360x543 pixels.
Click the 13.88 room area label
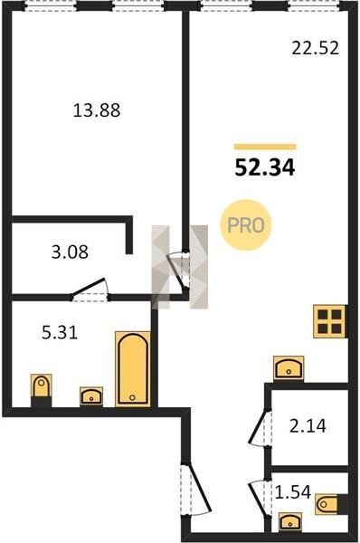[x=97, y=110]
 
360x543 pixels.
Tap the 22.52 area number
[x=315, y=48]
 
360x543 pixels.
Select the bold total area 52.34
[x=265, y=168]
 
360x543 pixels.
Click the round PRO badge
[x=246, y=225]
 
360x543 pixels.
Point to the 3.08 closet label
[x=70, y=252]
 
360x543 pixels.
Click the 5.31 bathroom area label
[x=60, y=332]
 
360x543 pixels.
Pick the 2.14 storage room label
[x=308, y=426]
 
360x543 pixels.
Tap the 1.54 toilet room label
[x=293, y=491]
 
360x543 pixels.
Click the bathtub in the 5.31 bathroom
[x=133, y=369]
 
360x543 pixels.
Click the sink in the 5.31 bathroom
[x=91, y=396]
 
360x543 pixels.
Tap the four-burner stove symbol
[x=330, y=321]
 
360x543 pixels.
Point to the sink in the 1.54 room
[x=290, y=521]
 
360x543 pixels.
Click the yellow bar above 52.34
[x=265, y=147]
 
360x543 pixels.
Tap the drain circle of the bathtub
[x=132, y=397]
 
